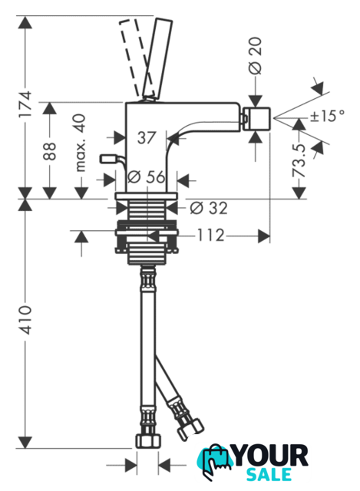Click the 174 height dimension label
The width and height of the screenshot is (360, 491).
[x=25, y=104]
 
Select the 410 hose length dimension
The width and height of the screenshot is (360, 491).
[x=25, y=320]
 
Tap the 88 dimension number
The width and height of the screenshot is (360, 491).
[x=49, y=151]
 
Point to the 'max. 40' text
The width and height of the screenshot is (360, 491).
[x=81, y=143]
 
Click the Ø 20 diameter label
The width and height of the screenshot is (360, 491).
[x=256, y=55]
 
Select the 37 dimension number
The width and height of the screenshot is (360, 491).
[x=147, y=137]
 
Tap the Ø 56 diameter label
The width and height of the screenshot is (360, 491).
[x=146, y=177]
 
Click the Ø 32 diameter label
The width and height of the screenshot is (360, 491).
[x=209, y=208]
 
